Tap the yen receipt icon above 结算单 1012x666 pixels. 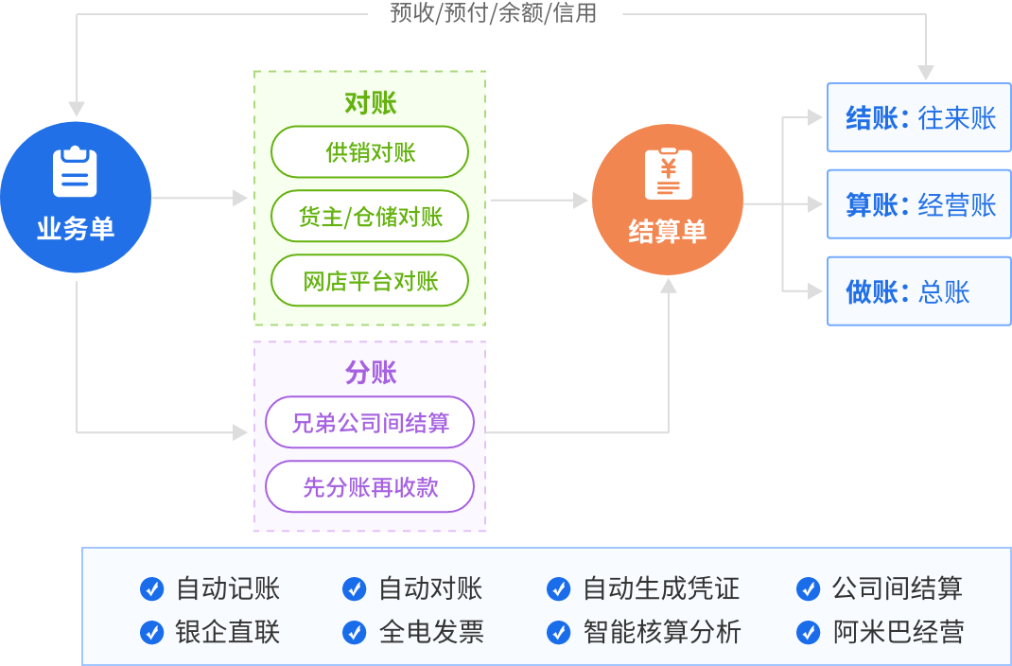(x=668, y=175)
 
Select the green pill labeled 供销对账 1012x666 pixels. (x=370, y=152)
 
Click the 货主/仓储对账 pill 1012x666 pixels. (x=370, y=217)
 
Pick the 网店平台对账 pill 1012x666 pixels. (x=370, y=281)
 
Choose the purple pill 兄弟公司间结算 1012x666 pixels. (x=370, y=422)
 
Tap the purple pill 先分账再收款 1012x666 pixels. (x=370, y=486)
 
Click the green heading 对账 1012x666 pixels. (x=370, y=103)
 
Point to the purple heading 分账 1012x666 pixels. (x=370, y=373)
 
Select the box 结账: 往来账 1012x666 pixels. (x=919, y=118)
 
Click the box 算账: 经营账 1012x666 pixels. (x=919, y=204)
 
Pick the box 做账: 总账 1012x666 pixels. (x=919, y=291)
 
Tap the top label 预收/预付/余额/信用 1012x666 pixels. (x=493, y=12)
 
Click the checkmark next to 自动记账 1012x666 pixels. (x=151, y=588)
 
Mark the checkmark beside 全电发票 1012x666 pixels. (x=354, y=632)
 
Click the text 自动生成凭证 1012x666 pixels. (x=660, y=588)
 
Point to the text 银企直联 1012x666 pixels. (x=228, y=632)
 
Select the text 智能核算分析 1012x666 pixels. (x=662, y=632)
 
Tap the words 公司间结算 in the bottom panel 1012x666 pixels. (x=897, y=588)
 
